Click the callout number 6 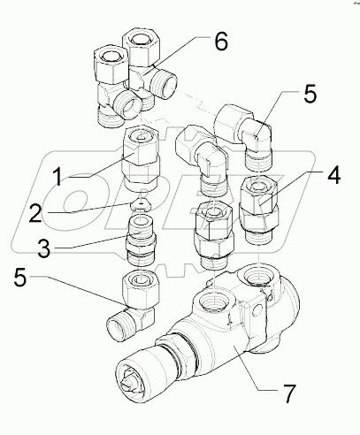pyautogui.click(x=221, y=41)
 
